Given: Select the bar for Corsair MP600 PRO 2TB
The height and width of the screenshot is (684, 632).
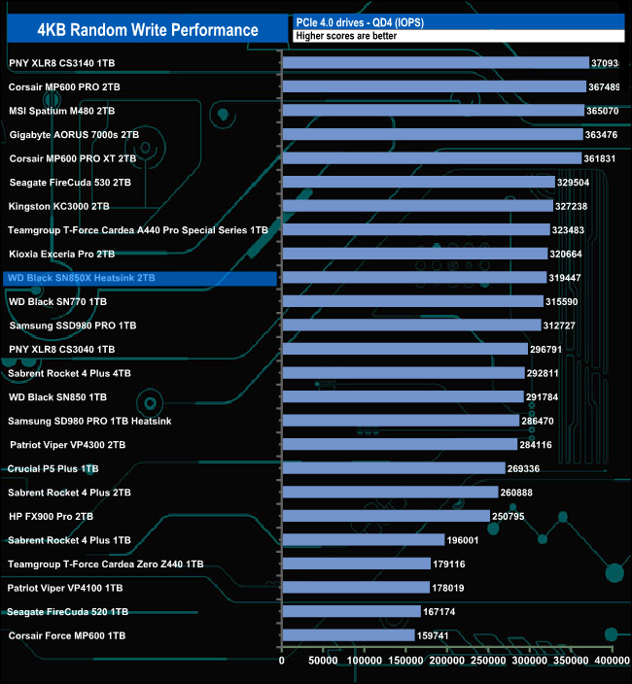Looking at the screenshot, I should pos(434,86).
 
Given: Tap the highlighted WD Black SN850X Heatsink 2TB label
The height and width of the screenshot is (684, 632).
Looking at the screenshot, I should pos(81,278).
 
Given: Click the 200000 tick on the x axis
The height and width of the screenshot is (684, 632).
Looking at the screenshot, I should pos(447,661).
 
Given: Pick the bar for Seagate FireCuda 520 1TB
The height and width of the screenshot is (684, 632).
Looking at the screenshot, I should pos(350,611).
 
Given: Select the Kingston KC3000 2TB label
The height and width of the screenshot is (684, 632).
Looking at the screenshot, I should pos(58,206).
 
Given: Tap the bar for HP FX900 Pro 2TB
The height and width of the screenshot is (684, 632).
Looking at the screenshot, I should pos(386,516).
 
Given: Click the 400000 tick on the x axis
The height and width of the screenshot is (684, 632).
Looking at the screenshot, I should pos(613,661).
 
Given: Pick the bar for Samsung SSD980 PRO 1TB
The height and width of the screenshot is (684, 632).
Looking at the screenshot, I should pos(411,325).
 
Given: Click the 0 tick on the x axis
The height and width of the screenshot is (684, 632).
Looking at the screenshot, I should pos(282,661).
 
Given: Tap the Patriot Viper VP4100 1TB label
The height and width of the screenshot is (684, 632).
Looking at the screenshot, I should pos(65,588).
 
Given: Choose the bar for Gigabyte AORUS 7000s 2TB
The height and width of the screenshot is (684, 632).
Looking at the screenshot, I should pos(432,134).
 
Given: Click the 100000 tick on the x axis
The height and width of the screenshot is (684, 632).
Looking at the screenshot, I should pos(365,661).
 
